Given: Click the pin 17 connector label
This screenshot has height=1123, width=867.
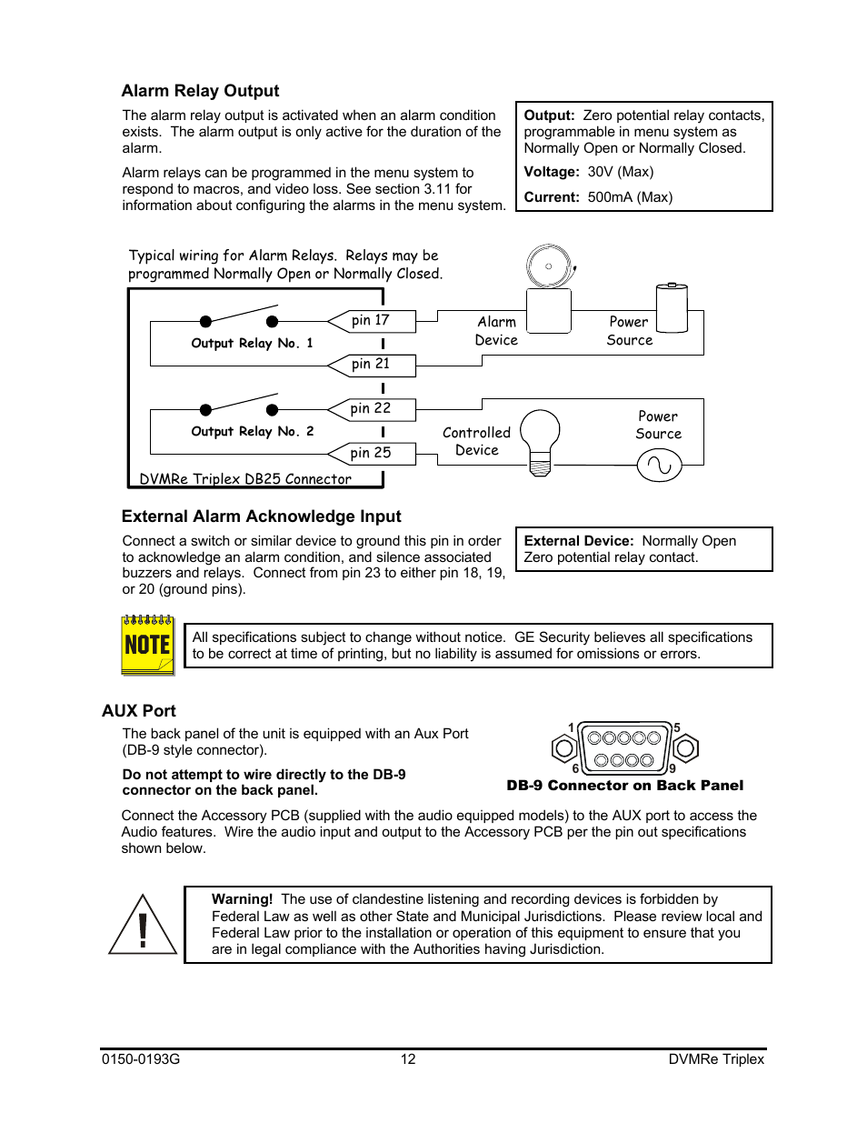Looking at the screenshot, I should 371,320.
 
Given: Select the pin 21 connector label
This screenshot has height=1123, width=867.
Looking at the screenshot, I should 371,364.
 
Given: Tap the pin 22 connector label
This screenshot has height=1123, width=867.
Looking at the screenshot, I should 371,409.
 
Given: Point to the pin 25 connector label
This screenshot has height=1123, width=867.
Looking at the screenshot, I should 371,453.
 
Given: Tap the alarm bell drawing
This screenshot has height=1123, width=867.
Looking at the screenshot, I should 550,266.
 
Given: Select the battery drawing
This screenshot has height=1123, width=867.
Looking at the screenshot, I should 672,307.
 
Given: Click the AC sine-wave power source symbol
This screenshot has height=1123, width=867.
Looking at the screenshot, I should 659,466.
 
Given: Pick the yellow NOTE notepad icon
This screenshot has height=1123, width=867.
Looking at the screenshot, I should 147,645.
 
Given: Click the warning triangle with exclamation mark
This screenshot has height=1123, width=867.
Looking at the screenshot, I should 143,926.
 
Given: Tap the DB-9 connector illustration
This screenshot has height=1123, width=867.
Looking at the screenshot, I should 625,748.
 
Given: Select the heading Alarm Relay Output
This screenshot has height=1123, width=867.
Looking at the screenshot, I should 200,91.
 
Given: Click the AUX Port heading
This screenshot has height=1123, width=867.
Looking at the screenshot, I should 139,711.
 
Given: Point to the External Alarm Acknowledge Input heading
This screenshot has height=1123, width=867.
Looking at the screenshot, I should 262,516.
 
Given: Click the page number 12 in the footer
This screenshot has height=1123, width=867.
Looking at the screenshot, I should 408,1058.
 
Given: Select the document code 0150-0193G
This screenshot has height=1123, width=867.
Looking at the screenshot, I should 141,1058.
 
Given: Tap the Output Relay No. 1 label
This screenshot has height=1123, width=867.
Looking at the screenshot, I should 252,343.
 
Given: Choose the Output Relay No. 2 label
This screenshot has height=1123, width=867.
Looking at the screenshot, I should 252,431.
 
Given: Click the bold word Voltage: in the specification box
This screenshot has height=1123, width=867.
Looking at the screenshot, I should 552,172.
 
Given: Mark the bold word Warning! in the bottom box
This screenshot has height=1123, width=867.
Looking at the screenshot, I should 242,899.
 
